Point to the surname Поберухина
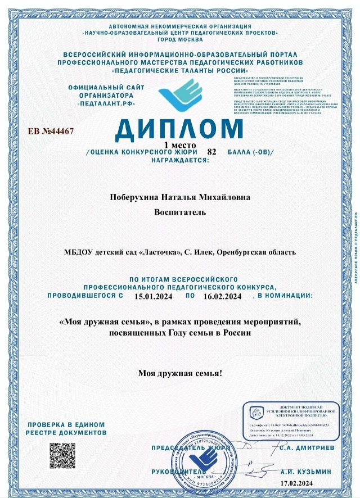(135, 197)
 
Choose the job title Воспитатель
(180, 212)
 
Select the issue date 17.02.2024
(313, 483)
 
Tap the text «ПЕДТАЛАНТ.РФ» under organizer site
(106, 105)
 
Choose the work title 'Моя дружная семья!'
(180, 373)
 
